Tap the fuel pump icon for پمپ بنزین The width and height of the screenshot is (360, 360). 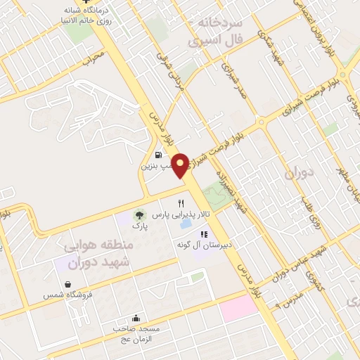(x=159, y=155)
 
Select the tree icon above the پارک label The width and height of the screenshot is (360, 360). (x=139, y=214)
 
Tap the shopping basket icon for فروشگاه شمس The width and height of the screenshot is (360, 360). (x=67, y=284)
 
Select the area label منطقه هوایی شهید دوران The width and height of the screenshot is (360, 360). (x=95, y=254)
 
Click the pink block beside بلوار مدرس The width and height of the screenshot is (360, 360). (x=239, y=305)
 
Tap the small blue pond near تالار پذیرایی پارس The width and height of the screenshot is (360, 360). (x=186, y=225)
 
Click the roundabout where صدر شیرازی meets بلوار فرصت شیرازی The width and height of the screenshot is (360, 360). (x=262, y=121)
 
